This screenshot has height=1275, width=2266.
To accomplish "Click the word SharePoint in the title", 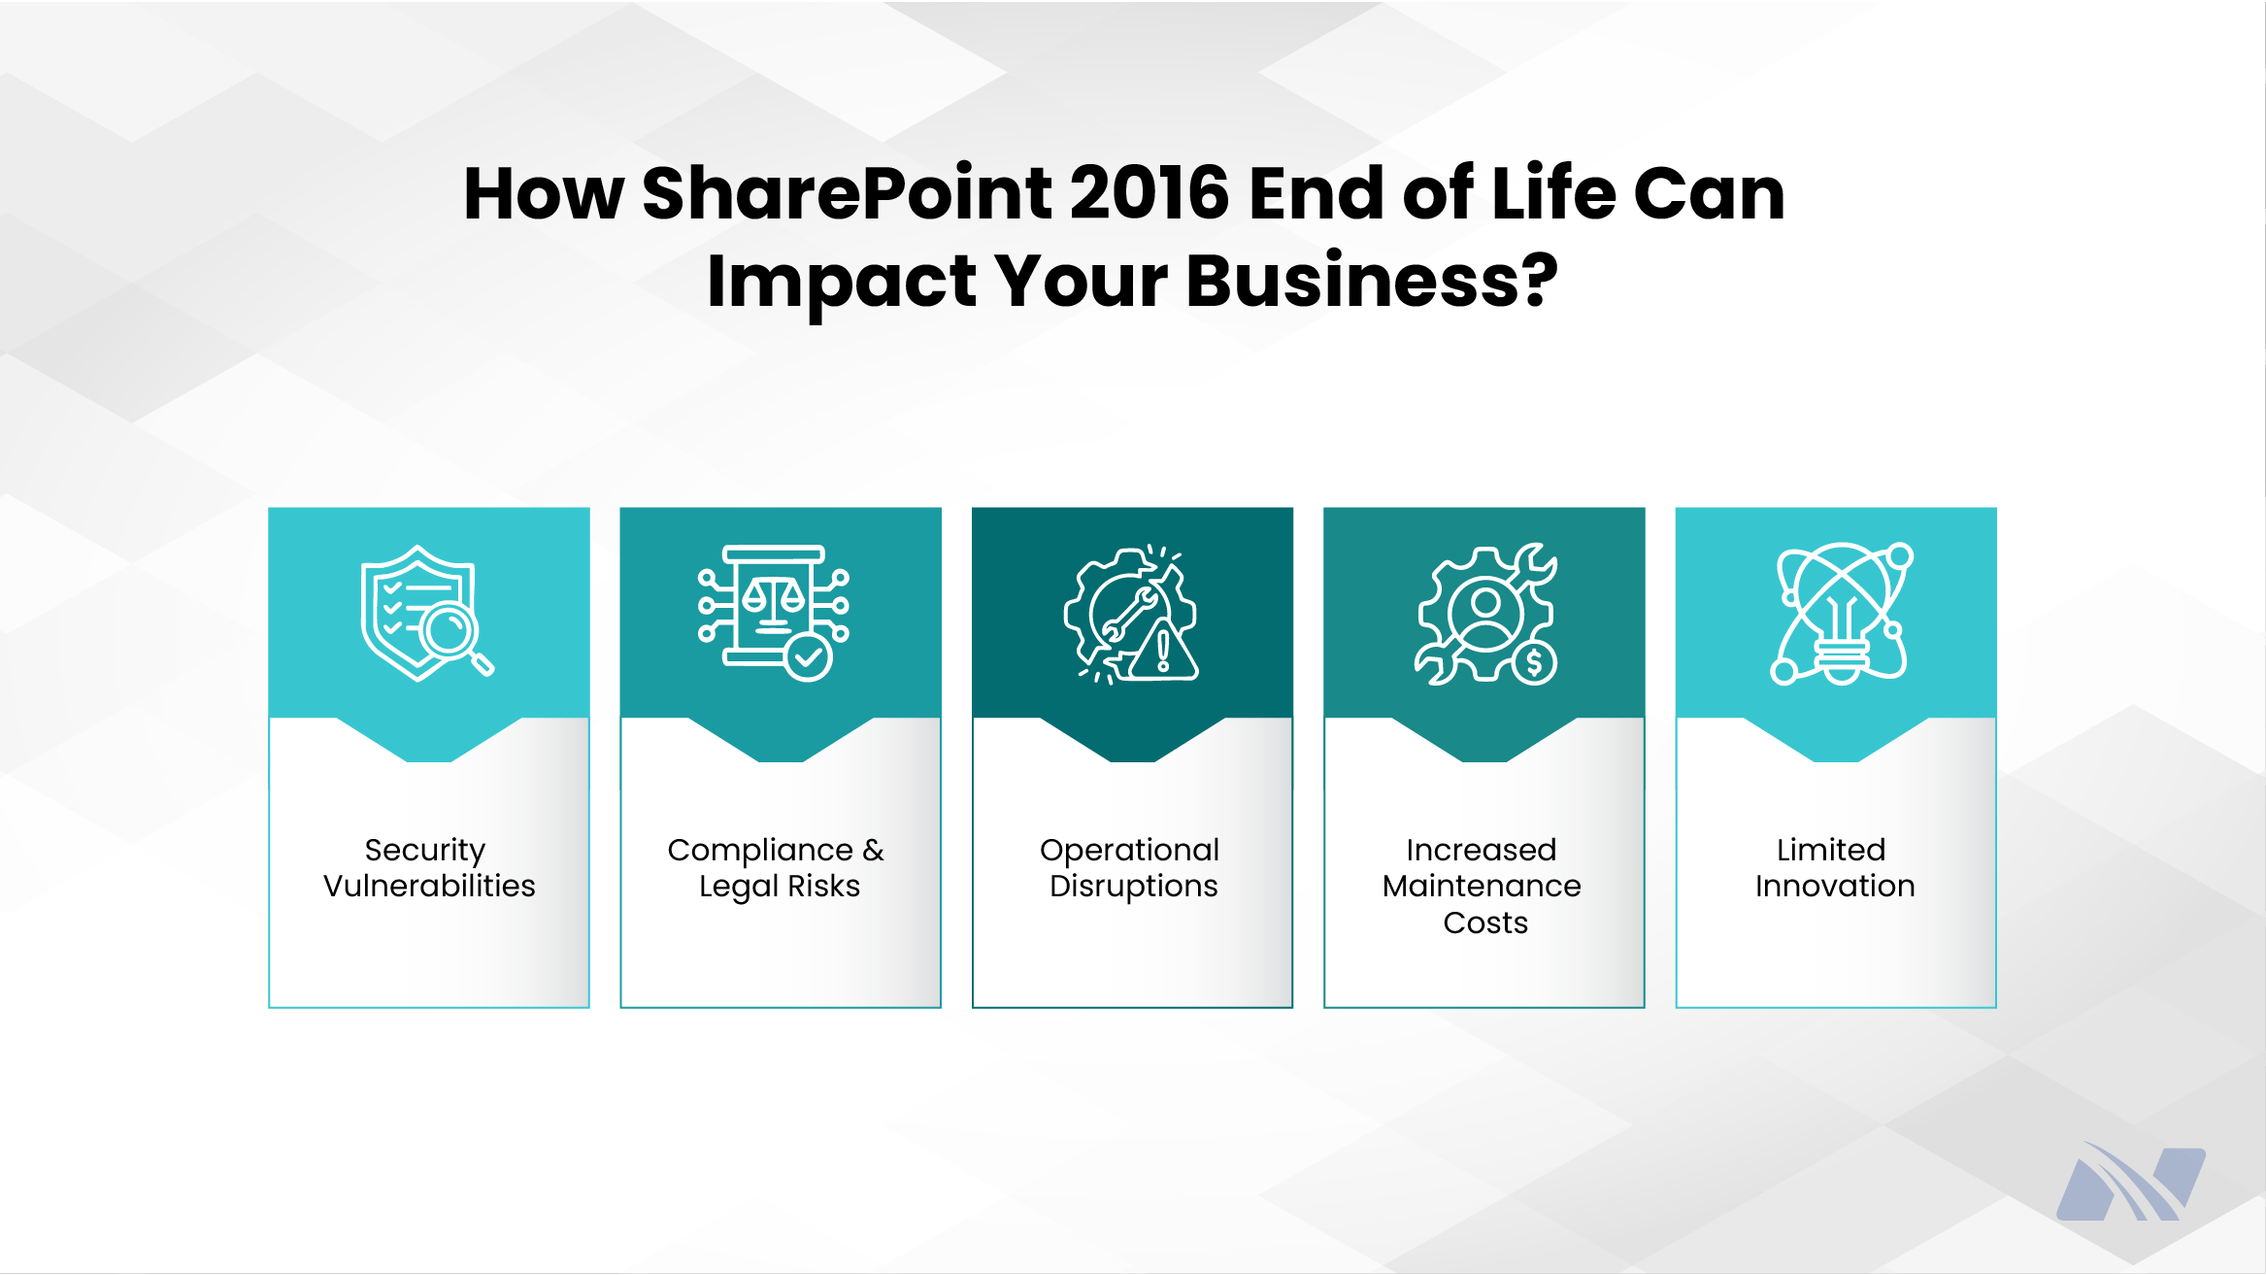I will (x=847, y=193).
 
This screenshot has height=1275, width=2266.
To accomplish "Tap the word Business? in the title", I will (x=1372, y=281).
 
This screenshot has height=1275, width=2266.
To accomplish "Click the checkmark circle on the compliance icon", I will (x=808, y=657).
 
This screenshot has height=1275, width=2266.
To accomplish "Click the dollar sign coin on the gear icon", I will (x=1534, y=663).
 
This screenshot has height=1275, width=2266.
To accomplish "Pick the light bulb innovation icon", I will (x=1841, y=614).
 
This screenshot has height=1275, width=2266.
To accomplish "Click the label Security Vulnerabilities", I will (x=428, y=867).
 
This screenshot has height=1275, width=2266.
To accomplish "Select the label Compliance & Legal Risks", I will (x=777, y=867).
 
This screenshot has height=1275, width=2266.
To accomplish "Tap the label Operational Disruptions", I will (x=1131, y=867).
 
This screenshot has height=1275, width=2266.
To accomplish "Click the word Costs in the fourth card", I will (x=1484, y=923).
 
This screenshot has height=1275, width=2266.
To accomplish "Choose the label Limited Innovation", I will (x=1834, y=867).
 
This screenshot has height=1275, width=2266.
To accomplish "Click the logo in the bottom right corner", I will (x=2131, y=1182).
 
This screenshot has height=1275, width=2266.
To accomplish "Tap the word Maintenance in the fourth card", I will (x=1482, y=886).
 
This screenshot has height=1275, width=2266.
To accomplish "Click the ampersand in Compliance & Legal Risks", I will (x=873, y=850).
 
